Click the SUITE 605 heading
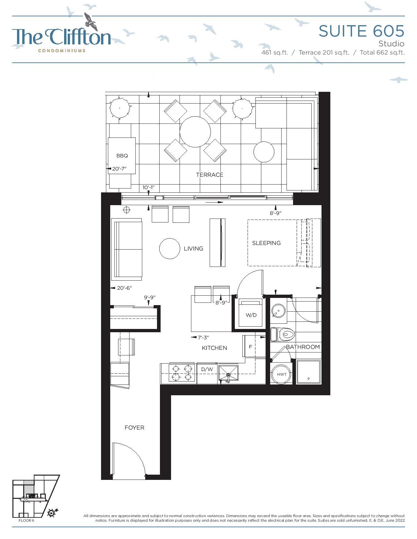tap(361, 31)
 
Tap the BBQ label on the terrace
tap(122, 155)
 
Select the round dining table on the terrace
tap(195, 132)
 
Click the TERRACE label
tap(209, 175)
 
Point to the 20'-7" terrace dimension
tap(119, 169)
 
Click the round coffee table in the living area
tap(170, 249)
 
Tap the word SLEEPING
tap(266, 243)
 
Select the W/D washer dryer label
tap(251, 315)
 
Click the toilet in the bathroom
tap(283, 335)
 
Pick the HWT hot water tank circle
tap(281, 374)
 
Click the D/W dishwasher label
tap(207, 369)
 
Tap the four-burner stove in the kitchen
tap(182, 372)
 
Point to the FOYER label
tap(134, 428)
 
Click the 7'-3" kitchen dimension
tap(203, 337)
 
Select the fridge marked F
tap(251, 347)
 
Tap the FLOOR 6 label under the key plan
tap(26, 520)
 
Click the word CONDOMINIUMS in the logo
tap(61, 51)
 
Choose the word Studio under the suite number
tap(391, 44)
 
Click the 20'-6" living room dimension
tap(124, 288)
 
